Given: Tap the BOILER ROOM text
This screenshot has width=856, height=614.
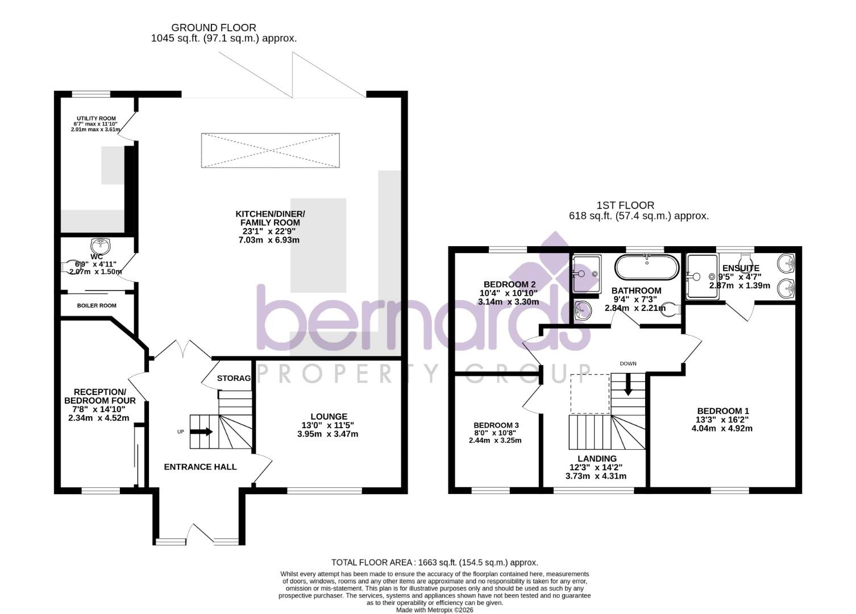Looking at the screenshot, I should (97, 306).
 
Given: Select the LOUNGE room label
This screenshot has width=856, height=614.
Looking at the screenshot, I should (329, 417).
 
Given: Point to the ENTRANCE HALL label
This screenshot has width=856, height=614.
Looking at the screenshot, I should (200, 467).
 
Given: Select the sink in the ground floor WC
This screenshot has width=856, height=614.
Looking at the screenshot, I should (101, 246).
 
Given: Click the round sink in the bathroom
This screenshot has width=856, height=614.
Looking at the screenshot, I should (582, 310).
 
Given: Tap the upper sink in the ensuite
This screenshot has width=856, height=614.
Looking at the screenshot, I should (787, 263).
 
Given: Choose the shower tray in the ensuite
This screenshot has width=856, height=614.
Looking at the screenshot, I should (701, 276).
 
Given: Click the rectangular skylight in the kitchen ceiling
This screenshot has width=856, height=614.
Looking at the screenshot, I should (271, 151).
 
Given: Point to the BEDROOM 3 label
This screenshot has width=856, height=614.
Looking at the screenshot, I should (496, 425).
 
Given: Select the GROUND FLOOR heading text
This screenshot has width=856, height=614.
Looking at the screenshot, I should (214, 27).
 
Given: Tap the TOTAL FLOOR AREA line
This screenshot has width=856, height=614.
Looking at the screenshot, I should (434, 562).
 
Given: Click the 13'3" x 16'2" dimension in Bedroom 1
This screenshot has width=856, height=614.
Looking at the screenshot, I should (722, 420).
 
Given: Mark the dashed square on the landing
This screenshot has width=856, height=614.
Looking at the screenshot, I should (589, 393).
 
